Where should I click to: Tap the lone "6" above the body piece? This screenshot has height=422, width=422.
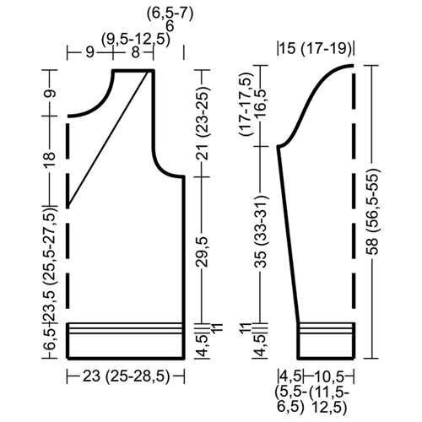(170, 25)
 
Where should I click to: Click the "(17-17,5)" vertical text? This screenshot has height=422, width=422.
(245, 111)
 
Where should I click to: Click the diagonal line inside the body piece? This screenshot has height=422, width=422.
(110, 139)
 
